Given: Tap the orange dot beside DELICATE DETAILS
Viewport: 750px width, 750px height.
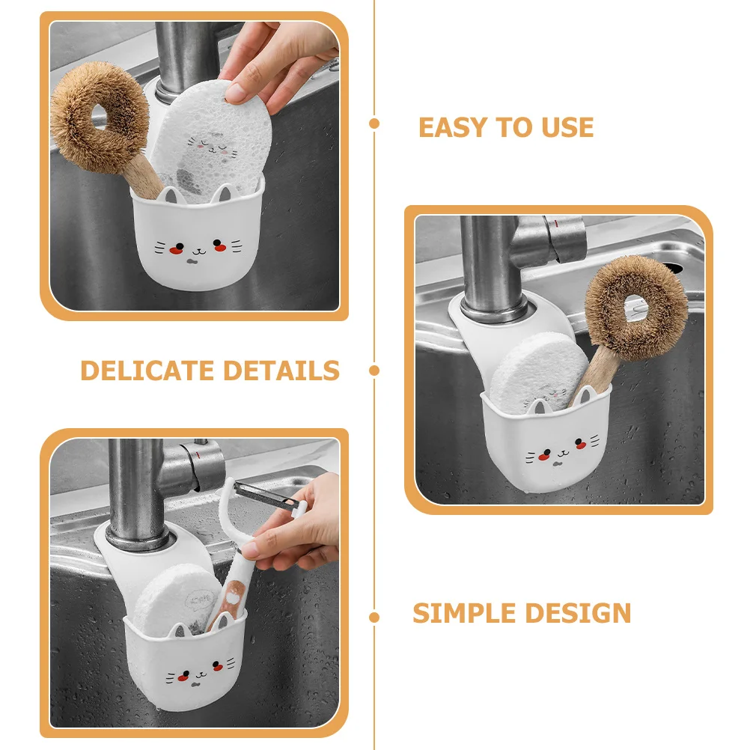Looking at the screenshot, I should coord(374,370).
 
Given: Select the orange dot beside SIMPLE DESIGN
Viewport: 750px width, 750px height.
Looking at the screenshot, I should coord(374,618).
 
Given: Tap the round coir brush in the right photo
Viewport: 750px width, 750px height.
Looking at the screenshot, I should coord(636,307).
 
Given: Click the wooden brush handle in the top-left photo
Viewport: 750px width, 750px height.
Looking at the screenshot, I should coord(146,180).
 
